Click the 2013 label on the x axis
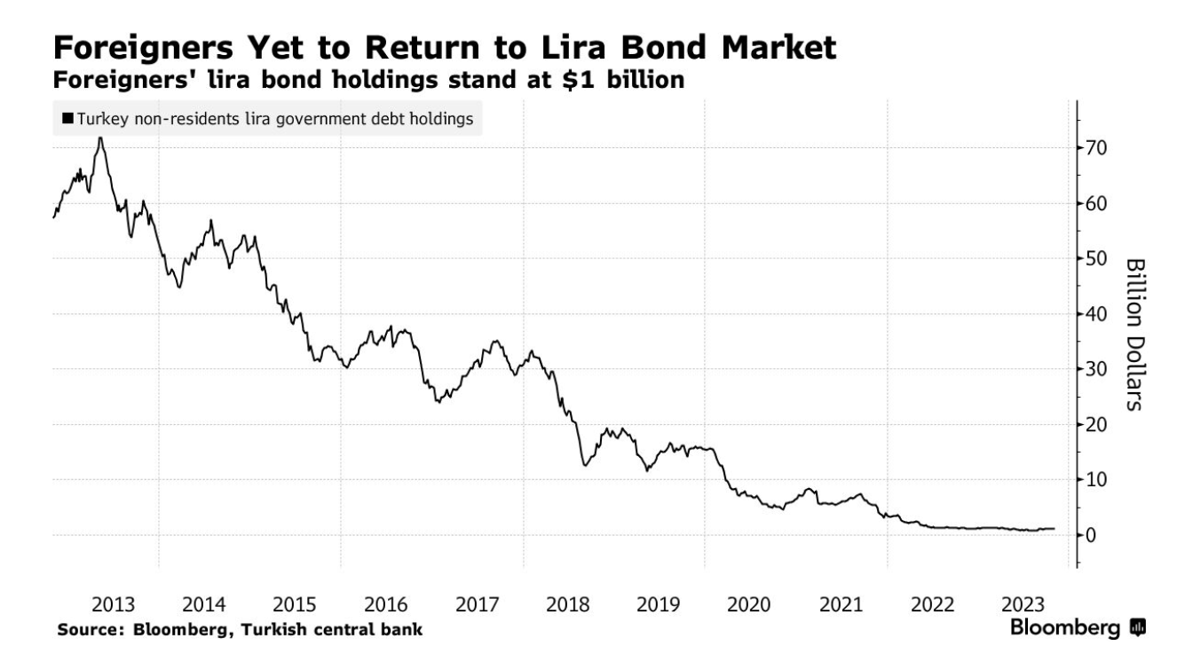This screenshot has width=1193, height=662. [x=114, y=605]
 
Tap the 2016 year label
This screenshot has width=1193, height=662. [x=386, y=605]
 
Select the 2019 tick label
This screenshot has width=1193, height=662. [x=659, y=605]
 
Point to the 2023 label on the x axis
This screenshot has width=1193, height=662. [x=1023, y=605]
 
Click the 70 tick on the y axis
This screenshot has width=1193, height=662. [x=1098, y=147]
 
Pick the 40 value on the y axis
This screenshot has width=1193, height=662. [x=1098, y=314]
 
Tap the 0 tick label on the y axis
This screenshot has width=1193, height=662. [x=1093, y=535]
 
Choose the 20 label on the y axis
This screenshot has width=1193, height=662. [x=1098, y=425]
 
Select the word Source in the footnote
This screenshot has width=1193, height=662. [x=88, y=630]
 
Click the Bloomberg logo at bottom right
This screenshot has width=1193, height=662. [x=1078, y=628]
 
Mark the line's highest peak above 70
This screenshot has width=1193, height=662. [x=100, y=138]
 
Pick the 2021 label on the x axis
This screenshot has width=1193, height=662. [x=841, y=605]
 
